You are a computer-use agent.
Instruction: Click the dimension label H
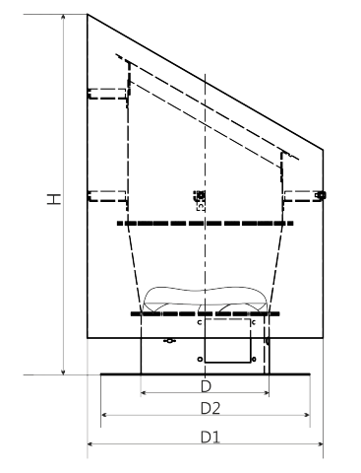pos(54,199)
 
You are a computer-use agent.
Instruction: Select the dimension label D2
pos(211,408)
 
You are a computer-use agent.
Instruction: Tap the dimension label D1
pos(211,438)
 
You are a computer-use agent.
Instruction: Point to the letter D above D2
pos(206,386)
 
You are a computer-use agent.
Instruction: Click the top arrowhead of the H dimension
pos(64,17)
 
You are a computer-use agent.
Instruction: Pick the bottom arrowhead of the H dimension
pos(64,372)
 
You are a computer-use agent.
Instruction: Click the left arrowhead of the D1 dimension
pos(90,444)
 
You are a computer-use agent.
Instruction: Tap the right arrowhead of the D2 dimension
pos(307,415)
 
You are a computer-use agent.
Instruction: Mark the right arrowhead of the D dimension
pos(266,392)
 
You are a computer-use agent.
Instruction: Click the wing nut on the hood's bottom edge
pos(169,341)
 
